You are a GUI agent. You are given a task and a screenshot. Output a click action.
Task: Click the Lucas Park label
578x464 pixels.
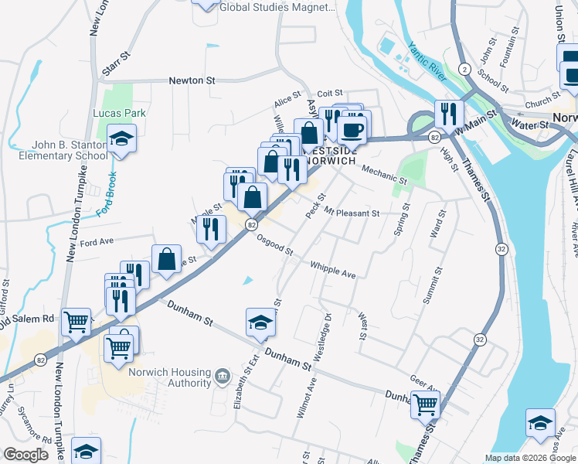(x=120, y=113)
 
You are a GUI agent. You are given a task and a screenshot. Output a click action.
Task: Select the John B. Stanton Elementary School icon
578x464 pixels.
(x=121, y=139)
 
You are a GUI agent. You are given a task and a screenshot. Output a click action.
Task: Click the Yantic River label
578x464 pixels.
(x=427, y=62)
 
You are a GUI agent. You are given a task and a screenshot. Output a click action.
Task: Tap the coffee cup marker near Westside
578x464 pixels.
(x=352, y=128)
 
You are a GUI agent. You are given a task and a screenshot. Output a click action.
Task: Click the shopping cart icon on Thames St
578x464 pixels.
(x=425, y=404)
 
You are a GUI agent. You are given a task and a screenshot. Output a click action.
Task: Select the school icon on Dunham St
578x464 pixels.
(x=261, y=322)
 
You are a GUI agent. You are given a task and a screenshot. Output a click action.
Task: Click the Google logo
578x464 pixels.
(x=25, y=455)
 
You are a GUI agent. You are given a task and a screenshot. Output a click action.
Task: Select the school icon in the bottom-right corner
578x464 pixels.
(x=540, y=423)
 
